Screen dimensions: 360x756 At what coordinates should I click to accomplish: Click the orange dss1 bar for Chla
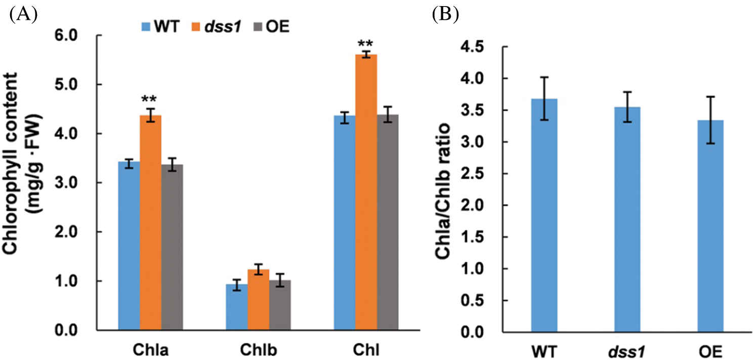click(150, 223)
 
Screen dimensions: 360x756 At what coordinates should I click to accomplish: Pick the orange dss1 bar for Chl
click(367, 192)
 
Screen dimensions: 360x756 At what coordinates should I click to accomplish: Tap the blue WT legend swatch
click(147, 26)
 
